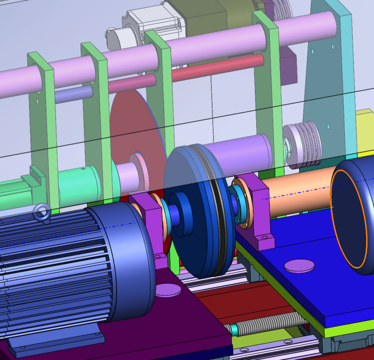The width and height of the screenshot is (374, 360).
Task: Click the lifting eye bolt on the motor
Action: [42, 213]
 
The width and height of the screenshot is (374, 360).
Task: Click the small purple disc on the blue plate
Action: [300, 266]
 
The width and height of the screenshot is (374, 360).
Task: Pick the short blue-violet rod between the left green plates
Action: [70, 95]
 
